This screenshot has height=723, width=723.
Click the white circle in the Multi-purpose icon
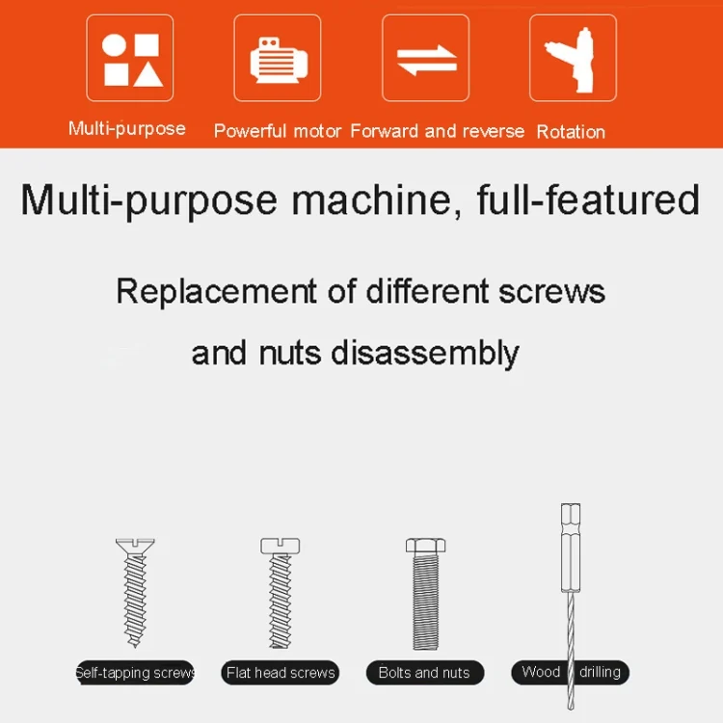pyautogui.click(x=114, y=45)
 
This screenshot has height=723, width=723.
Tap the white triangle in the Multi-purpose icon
pyautogui.click(x=148, y=75)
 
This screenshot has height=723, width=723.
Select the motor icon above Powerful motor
pyautogui.click(x=279, y=61)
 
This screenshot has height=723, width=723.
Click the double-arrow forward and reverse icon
pyautogui.click(x=427, y=61)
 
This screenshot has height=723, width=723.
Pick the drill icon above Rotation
pyautogui.click(x=573, y=60)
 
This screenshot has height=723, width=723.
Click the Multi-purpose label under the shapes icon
pyautogui.click(x=127, y=128)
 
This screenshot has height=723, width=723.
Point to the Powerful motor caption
pyautogui.click(x=278, y=131)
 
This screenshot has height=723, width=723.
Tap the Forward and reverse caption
pyautogui.click(x=437, y=131)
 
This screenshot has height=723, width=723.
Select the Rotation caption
pyautogui.click(x=571, y=132)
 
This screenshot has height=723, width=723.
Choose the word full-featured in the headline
pyautogui.click(x=588, y=201)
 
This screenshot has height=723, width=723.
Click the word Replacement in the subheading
pyautogui.click(x=216, y=291)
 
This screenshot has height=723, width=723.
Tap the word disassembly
pyautogui.click(x=425, y=354)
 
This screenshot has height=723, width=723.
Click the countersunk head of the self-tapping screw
pyautogui.click(x=135, y=546)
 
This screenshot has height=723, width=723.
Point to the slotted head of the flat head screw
pyautogui.click(x=280, y=546)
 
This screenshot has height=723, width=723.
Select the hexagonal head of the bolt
pyautogui.click(x=425, y=546)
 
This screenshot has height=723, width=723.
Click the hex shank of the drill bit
pyautogui.click(x=571, y=548)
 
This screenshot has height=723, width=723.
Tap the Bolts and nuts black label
pyautogui.click(x=425, y=673)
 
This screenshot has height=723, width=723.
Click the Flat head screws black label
pyautogui.click(x=281, y=673)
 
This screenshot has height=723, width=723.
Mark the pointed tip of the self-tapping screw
pyautogui.click(x=135, y=646)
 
